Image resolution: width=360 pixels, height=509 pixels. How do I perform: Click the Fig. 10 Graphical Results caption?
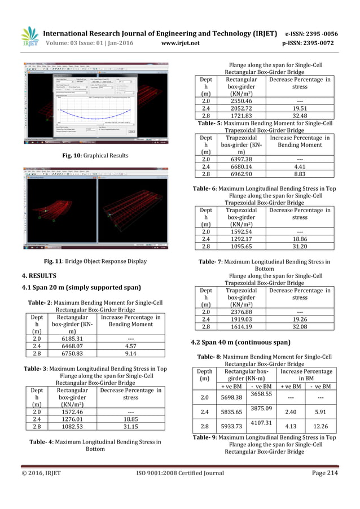click(95, 156)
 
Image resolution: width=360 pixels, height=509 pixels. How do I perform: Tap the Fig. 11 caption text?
click(95, 261)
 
